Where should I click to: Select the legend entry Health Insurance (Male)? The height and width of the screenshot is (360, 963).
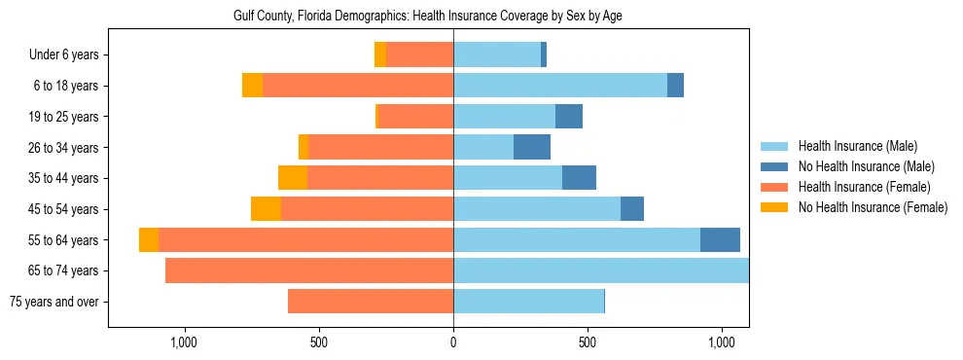[857, 146]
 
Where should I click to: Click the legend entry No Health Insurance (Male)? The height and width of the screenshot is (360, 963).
[866, 166]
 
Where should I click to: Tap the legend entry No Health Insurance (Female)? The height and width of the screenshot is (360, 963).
[872, 207]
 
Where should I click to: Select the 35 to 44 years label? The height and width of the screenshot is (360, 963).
[63, 178]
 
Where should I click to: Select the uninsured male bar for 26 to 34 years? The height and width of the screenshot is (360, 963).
[532, 147]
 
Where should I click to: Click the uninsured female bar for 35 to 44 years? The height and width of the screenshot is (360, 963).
[293, 178]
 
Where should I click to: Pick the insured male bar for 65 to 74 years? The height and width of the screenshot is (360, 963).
[601, 270]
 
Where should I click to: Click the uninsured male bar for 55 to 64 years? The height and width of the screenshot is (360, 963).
[720, 239]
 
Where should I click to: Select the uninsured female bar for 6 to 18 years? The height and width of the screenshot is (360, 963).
[252, 86]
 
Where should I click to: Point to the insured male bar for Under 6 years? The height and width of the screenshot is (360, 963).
[497, 54]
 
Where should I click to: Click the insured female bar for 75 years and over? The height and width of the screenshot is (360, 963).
[371, 302]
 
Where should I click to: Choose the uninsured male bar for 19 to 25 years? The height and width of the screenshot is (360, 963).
[569, 117]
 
